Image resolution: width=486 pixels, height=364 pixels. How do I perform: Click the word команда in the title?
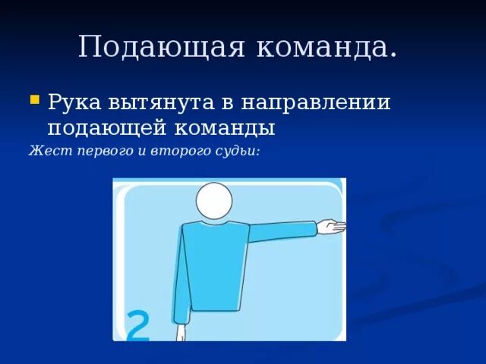(327, 47)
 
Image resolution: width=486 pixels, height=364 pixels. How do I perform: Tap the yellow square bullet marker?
(34, 99)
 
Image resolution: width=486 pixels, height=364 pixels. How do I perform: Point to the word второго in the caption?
(175, 152)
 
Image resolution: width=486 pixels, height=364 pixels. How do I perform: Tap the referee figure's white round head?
(214, 201)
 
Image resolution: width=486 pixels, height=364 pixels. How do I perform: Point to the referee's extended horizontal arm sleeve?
(281, 231)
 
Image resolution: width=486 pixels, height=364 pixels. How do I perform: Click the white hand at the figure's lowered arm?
(181, 333)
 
